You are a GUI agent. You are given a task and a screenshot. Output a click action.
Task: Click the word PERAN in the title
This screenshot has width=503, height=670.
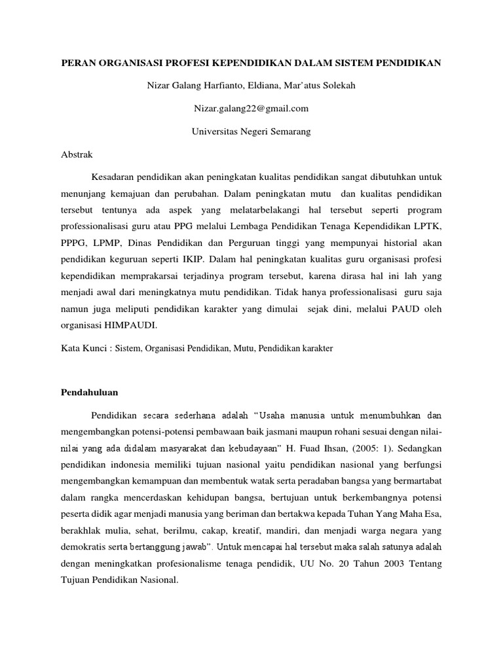pos(77,63)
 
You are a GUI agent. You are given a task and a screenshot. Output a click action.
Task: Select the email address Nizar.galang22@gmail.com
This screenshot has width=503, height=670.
pos(251,109)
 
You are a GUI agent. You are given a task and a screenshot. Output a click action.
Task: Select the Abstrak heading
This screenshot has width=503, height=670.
pos(77,155)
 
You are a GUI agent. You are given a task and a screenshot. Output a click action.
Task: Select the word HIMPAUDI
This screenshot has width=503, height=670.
pos(134,324)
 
